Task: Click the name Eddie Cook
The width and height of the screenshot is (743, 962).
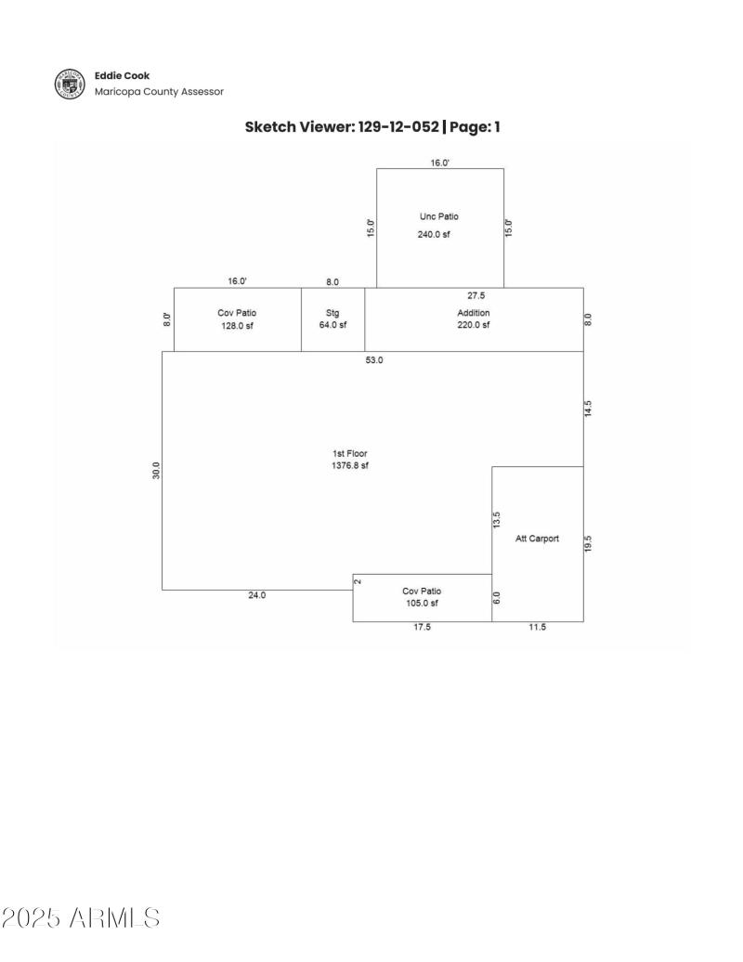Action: (x=122, y=75)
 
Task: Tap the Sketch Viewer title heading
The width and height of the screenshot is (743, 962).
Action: (x=372, y=126)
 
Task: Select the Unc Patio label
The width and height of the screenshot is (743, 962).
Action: (x=439, y=216)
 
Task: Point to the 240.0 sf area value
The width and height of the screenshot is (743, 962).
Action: (x=434, y=235)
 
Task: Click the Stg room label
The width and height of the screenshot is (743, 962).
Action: (x=332, y=313)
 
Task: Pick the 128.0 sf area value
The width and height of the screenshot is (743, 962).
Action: (x=237, y=326)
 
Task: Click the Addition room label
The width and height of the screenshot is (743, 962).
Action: (x=473, y=313)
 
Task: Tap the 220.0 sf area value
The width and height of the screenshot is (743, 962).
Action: (x=473, y=325)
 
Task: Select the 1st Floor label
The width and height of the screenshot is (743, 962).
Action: (x=350, y=453)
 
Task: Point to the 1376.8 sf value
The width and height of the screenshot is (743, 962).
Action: (x=350, y=466)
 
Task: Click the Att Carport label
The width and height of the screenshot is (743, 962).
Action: (x=538, y=539)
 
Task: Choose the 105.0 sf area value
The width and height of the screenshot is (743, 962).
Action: (x=422, y=604)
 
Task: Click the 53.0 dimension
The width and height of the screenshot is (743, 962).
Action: (x=374, y=359)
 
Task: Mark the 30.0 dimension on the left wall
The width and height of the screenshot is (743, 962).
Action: (x=157, y=470)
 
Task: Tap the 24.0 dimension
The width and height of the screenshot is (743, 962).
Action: (x=256, y=595)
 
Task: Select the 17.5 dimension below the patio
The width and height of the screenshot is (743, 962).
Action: (x=422, y=628)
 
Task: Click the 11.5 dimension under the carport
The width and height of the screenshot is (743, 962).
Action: (x=538, y=628)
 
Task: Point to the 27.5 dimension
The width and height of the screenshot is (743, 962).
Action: (x=476, y=295)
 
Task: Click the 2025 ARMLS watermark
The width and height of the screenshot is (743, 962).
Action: (x=80, y=918)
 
